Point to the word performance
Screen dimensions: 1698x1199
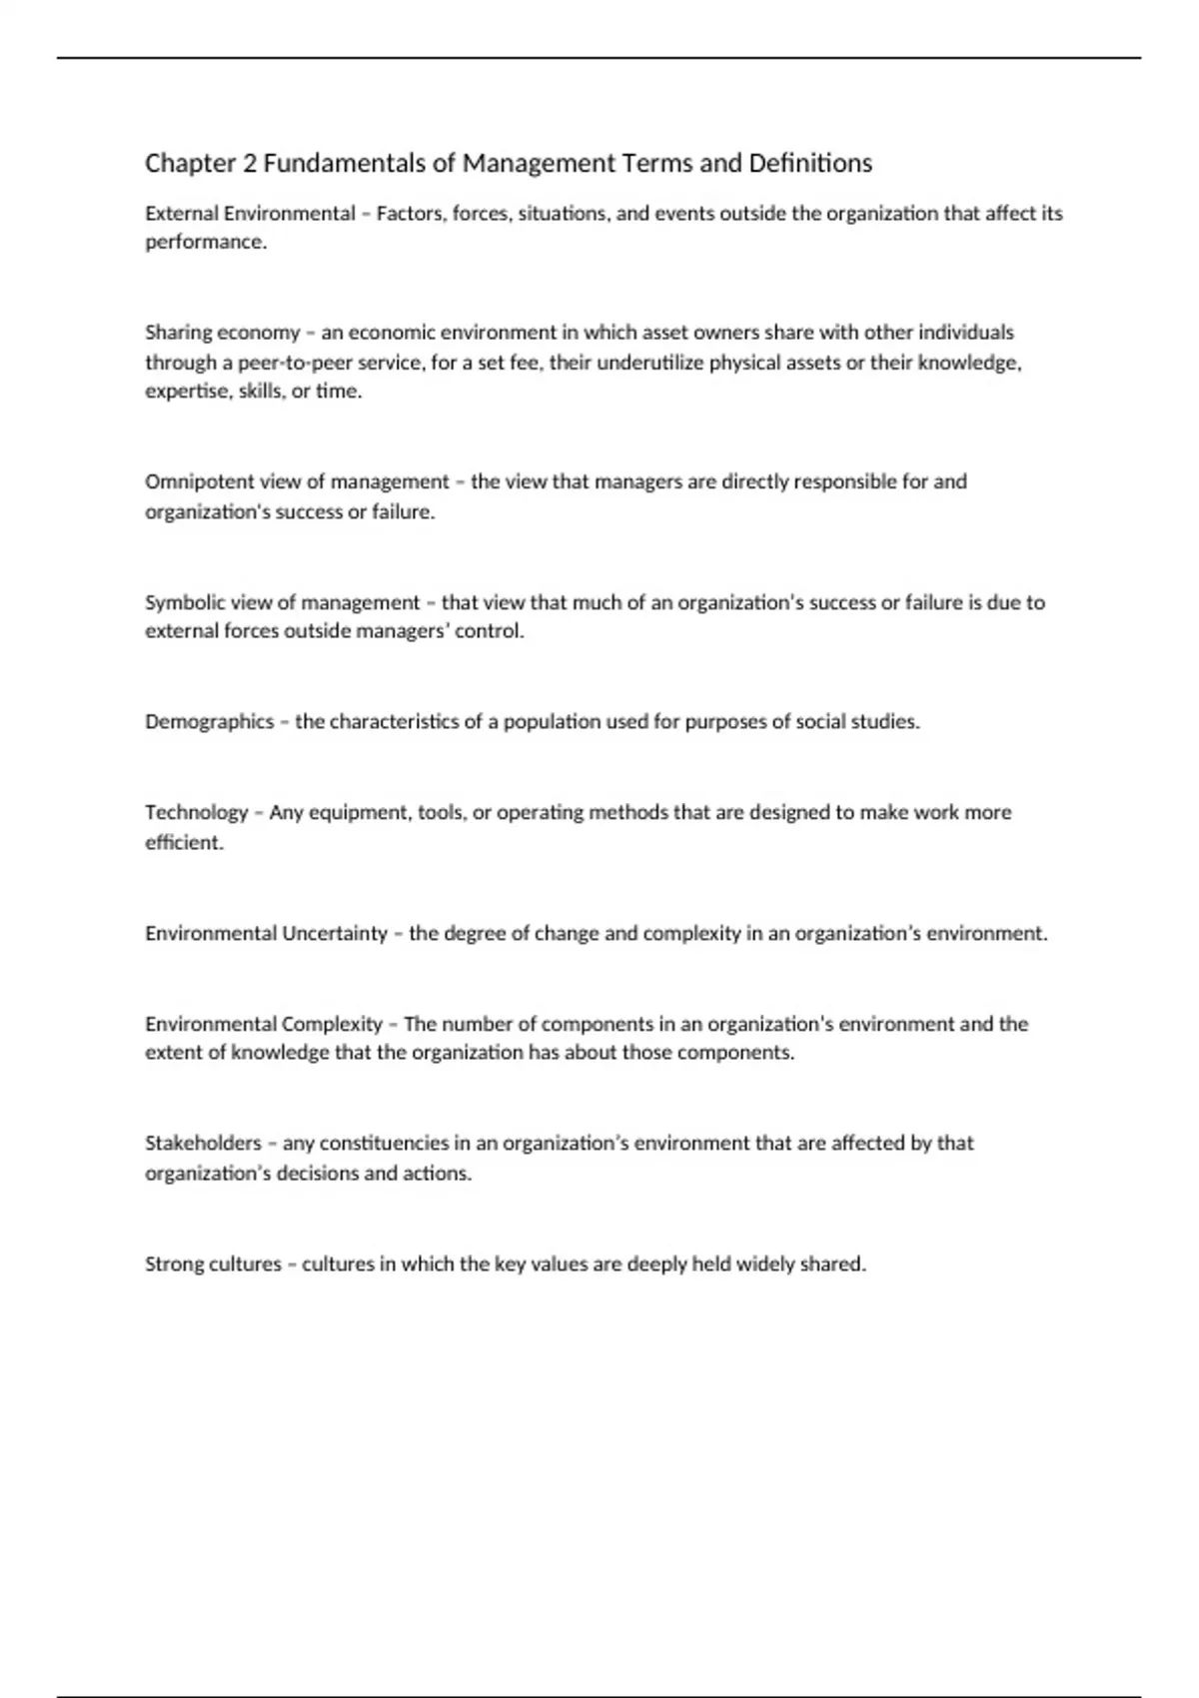(206, 243)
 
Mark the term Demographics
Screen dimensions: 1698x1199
(209, 722)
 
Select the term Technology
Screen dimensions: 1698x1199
(196, 813)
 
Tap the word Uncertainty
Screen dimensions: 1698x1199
(335, 934)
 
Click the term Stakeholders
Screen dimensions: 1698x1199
(203, 1143)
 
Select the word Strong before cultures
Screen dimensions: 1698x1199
(172, 1264)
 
